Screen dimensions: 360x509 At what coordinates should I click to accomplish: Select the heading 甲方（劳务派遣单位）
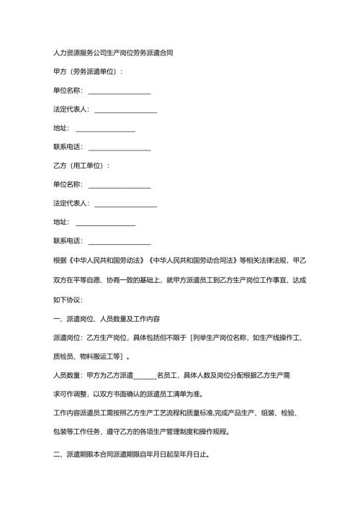point(88,72)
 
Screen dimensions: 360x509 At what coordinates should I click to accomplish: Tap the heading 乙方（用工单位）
point(81,166)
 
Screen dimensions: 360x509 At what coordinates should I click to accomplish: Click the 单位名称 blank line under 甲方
point(119,91)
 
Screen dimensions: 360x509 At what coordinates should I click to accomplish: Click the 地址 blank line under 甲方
point(105,129)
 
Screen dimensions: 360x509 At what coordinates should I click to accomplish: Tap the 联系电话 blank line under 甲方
point(119,148)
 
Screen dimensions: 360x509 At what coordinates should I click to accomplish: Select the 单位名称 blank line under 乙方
point(119,185)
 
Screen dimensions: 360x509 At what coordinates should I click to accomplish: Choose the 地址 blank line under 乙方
point(105,222)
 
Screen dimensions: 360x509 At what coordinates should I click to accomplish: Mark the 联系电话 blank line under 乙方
point(119,241)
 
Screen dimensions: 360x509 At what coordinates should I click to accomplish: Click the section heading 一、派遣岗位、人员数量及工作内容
point(107,317)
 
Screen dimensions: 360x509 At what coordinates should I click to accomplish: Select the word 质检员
point(63,356)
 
